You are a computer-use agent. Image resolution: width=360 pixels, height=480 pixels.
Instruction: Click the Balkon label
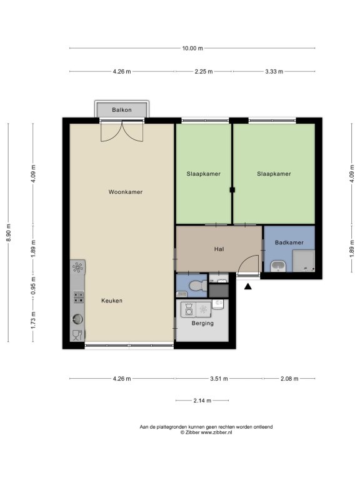pyautogui.click(x=121, y=110)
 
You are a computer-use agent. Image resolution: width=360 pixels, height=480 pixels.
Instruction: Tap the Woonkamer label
pyautogui.click(x=126, y=192)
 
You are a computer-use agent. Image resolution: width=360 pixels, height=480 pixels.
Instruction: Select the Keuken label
pyautogui.click(x=112, y=301)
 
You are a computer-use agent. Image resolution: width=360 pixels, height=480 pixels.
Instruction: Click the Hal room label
pyautogui.click(x=219, y=249)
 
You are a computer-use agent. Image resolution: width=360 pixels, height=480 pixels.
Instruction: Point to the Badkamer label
pyautogui.click(x=289, y=242)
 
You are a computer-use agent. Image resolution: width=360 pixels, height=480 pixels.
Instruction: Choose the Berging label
pyautogui.click(x=202, y=323)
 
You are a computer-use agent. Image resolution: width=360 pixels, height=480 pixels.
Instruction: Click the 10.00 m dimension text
pyautogui.click(x=192, y=48)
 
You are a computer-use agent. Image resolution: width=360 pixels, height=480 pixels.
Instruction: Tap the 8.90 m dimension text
pyautogui.click(x=9, y=232)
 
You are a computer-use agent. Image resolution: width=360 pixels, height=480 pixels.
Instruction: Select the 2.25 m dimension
pyautogui.click(x=204, y=72)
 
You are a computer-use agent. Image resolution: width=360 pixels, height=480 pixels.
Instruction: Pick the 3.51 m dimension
pyautogui.click(x=219, y=379)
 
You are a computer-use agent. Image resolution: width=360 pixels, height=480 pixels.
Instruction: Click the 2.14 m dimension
pyautogui.click(x=202, y=401)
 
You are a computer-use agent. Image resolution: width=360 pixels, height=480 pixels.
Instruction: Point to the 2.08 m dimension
pyautogui.click(x=289, y=379)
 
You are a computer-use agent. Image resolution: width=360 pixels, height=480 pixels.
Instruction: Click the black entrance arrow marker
pyautogui.click(x=248, y=286)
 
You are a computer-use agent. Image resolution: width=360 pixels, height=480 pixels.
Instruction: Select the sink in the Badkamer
pyautogui.click(x=278, y=266)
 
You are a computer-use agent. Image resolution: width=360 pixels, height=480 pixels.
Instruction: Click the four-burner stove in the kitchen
pyautogui.click(x=78, y=297)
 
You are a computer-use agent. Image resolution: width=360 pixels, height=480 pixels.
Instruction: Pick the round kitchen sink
pyautogui.click(x=77, y=319)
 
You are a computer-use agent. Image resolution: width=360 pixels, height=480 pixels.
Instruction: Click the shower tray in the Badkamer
pyautogui.click(x=304, y=261)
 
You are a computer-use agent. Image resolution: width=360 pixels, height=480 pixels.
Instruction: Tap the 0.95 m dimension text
pyautogui.click(x=33, y=285)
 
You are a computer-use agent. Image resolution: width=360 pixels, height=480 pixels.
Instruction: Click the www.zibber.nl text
pyautogui.click(x=216, y=432)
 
